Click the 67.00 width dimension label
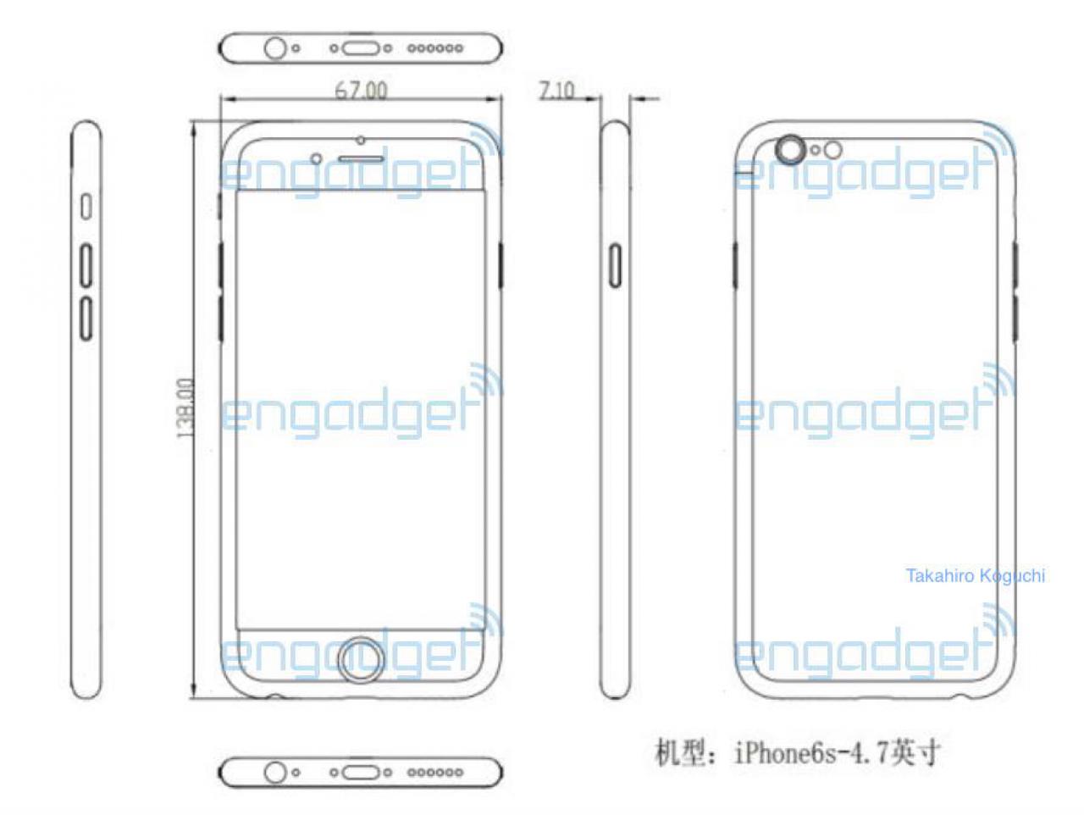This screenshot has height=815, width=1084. click(x=361, y=91)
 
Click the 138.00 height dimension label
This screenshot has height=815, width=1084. click(x=185, y=407)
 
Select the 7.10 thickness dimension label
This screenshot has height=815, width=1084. click(x=556, y=91)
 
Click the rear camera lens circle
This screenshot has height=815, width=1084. click(x=790, y=149)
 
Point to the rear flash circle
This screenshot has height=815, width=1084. click(x=833, y=150)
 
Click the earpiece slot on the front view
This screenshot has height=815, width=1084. click(x=361, y=159)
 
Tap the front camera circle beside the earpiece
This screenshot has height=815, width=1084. click(x=317, y=159)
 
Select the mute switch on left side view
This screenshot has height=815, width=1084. click(x=86, y=206)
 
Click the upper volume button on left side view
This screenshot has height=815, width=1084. click(x=86, y=265)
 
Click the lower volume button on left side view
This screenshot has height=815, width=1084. click(x=86, y=318)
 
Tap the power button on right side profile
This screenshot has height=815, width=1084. click(x=615, y=265)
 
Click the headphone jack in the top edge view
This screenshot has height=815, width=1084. click(x=275, y=48)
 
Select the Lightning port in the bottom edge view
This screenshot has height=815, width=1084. click(x=361, y=772)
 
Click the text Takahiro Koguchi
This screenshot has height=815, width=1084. click(x=975, y=575)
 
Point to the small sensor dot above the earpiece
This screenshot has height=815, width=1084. click(x=361, y=141)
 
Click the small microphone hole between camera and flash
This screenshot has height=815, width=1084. click(x=816, y=150)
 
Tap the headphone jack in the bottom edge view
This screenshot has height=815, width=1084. click(x=275, y=772)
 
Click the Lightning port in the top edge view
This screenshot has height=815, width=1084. click(x=361, y=48)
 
